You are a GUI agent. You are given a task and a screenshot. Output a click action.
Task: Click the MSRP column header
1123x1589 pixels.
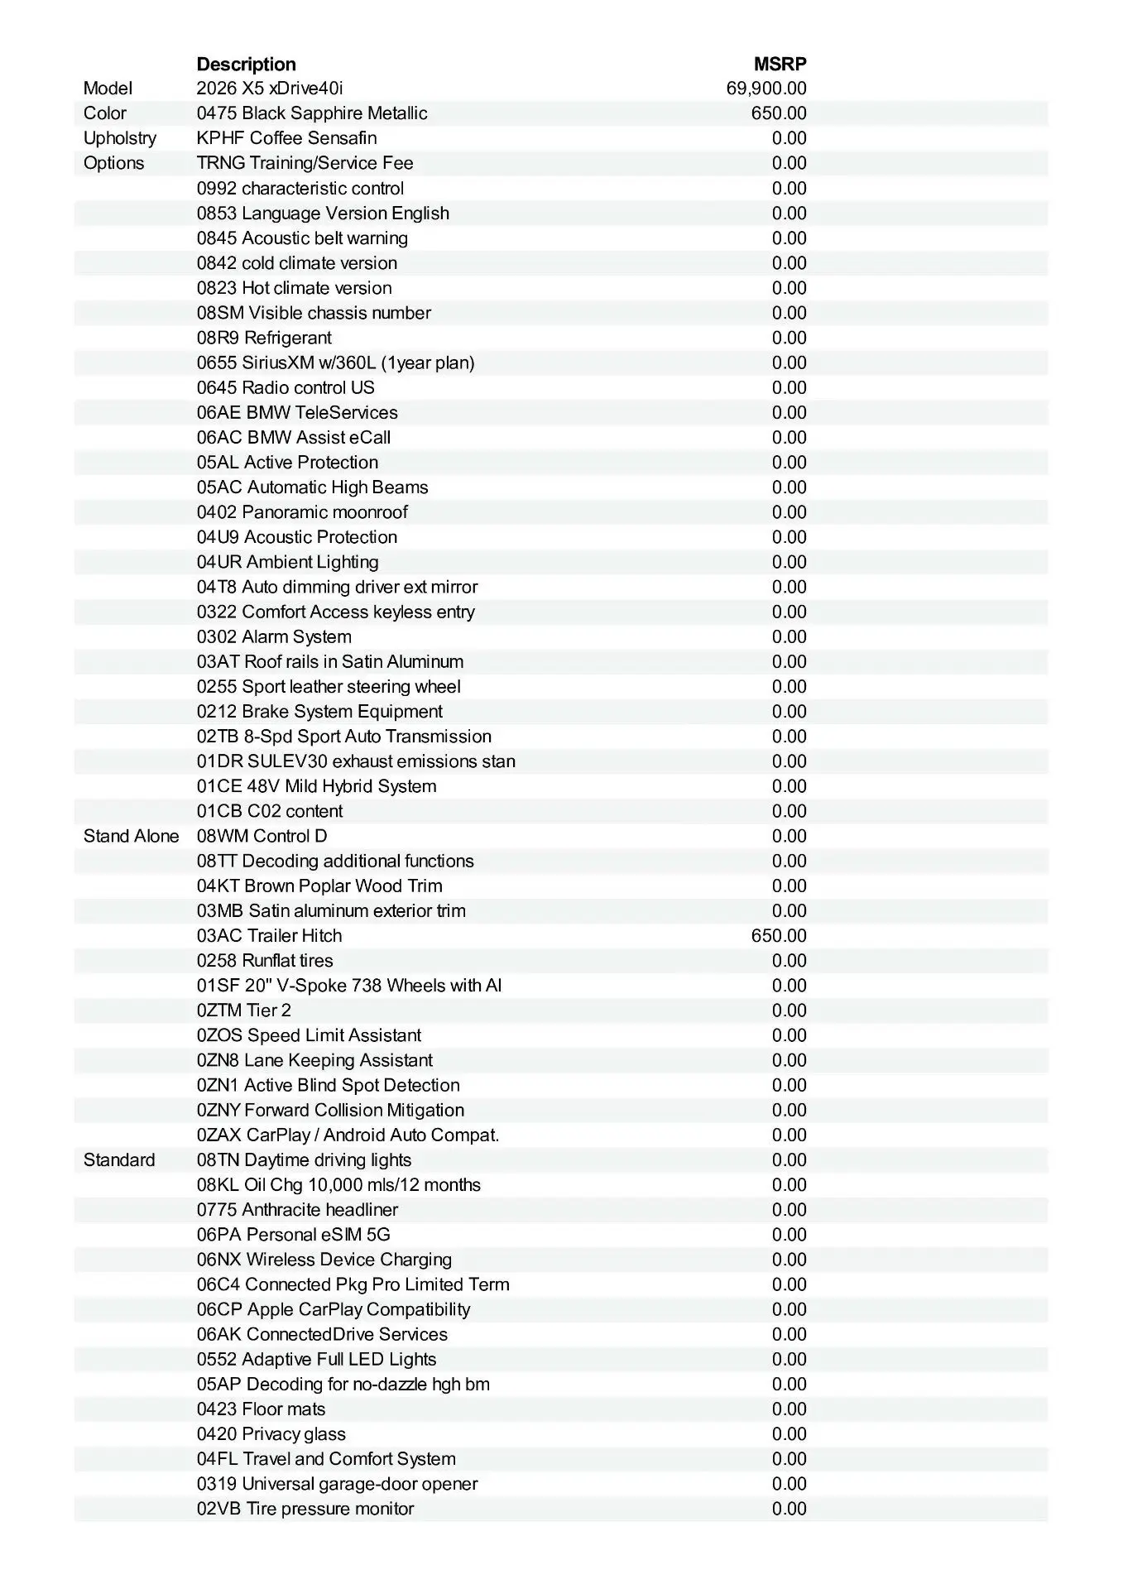coord(780,64)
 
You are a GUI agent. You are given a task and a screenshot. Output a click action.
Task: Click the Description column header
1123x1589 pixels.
coord(246,64)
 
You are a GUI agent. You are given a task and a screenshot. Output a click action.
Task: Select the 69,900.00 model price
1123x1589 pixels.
coord(765,89)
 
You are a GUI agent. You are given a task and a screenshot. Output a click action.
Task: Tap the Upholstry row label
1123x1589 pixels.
coord(119,138)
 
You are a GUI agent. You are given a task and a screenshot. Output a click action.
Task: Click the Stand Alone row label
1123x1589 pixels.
coord(131,836)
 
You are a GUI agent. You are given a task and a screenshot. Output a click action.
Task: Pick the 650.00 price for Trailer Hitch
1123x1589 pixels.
coord(778,935)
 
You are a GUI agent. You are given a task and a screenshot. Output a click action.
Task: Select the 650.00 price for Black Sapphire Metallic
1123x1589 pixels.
coord(778,113)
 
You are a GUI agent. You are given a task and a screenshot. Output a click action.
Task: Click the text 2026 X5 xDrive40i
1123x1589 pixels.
coord(270,89)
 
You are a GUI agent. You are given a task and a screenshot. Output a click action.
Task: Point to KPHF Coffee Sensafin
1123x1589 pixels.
coord(286,138)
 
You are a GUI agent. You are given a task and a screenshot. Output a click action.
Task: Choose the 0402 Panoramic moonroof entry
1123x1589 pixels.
coord(302,512)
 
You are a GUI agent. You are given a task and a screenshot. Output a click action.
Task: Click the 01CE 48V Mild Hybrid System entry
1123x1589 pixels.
coord(316,786)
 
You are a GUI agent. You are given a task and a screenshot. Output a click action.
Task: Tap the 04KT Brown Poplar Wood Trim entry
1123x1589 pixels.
coord(319,886)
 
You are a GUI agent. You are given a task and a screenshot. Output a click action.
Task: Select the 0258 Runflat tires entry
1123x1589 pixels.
coord(265,961)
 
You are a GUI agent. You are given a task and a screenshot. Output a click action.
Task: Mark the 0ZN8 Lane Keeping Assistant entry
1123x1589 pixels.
coord(314,1060)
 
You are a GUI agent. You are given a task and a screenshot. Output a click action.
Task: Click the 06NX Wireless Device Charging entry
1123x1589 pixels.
coord(324,1260)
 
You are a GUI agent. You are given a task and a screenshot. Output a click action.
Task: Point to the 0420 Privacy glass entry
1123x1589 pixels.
coord(271,1434)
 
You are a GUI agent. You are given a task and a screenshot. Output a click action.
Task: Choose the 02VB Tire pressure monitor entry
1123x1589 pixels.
coord(305,1509)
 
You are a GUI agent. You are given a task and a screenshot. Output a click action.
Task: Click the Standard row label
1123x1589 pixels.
coord(119,1159)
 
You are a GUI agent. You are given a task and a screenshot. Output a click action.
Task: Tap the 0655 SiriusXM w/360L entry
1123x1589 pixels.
coord(335,362)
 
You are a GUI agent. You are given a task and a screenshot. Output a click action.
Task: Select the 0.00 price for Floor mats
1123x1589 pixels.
coord(789,1409)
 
